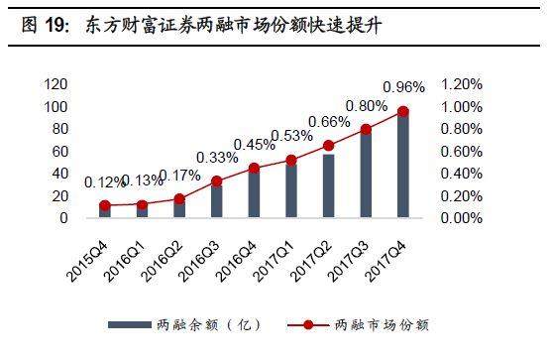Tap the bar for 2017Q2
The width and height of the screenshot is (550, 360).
[x=328, y=185]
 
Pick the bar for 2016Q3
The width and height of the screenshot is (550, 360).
[x=217, y=200]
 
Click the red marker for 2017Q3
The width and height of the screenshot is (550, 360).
[x=366, y=129]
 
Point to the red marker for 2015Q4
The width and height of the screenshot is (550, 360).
[x=105, y=205]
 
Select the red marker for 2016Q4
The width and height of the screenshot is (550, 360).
[x=254, y=168]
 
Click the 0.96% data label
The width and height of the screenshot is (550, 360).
[x=403, y=85]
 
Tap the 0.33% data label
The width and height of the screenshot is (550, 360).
[x=216, y=157]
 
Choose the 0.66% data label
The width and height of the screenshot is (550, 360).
[x=328, y=122]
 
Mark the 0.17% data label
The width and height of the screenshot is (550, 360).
[x=179, y=177]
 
